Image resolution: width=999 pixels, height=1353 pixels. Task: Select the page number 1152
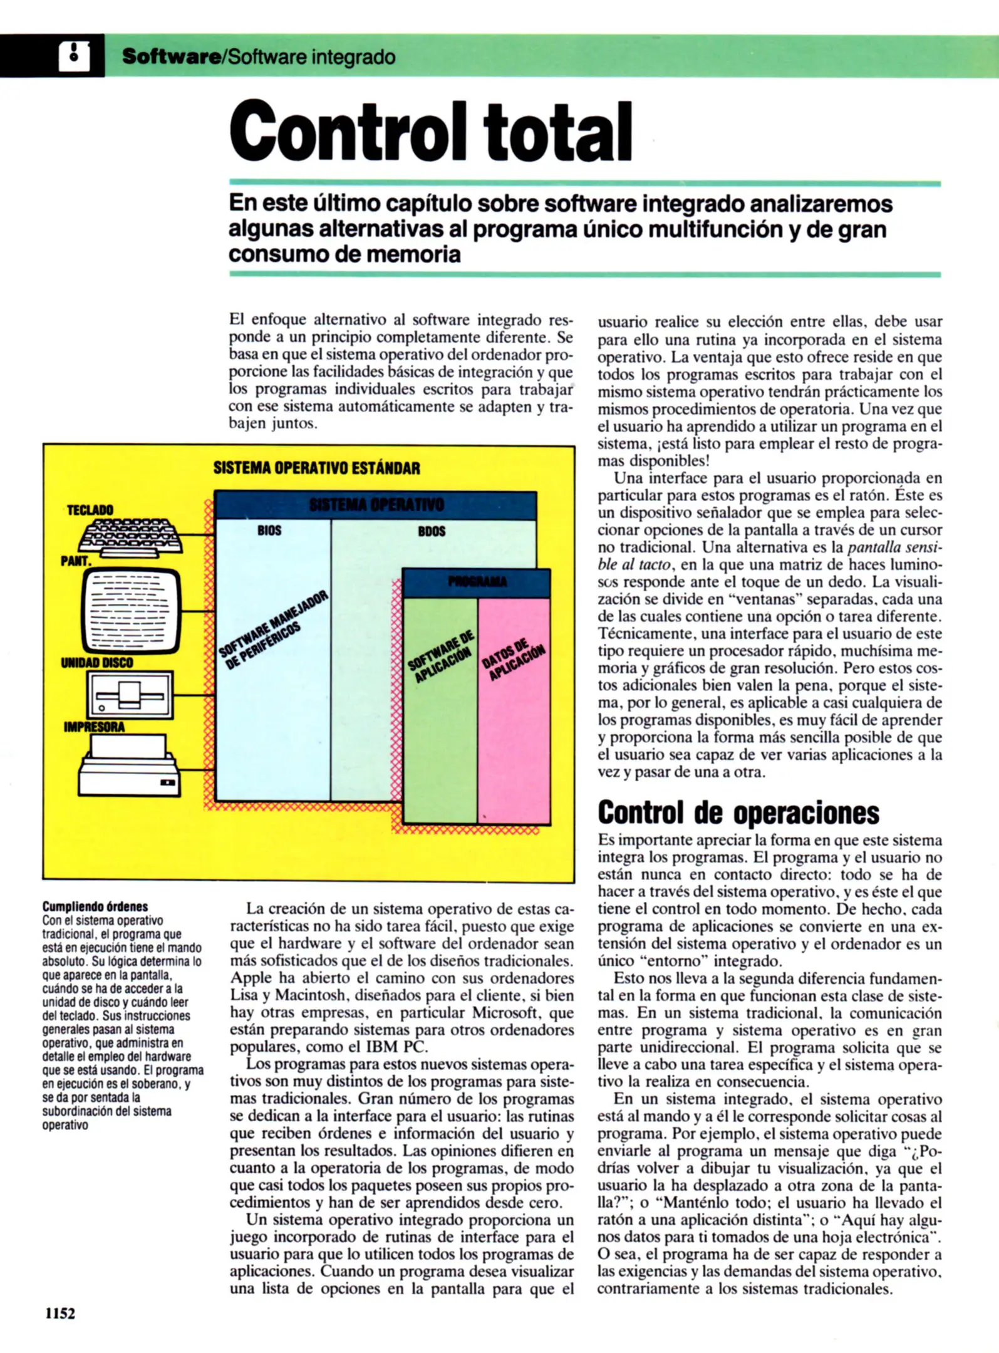pyautogui.click(x=60, y=1314)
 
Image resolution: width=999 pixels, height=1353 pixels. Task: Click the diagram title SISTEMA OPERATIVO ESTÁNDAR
pyautogui.click(x=316, y=468)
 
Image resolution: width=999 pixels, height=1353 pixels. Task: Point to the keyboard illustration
pyautogui.click(x=131, y=536)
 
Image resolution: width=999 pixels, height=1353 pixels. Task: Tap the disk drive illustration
pyautogui.click(x=131, y=695)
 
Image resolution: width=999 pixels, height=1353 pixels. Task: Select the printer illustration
pyautogui.click(x=129, y=765)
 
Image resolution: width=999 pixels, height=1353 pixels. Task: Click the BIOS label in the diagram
pyautogui.click(x=269, y=531)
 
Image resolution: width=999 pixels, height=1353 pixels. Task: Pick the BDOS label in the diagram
pyautogui.click(x=432, y=531)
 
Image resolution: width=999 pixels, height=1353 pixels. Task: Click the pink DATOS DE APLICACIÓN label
pyautogui.click(x=514, y=661)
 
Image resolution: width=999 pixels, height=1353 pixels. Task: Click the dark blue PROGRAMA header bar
pyautogui.click(x=477, y=582)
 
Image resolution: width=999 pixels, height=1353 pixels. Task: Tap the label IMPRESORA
pyautogui.click(x=94, y=727)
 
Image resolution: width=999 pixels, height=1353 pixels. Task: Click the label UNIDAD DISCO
pyautogui.click(x=97, y=663)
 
